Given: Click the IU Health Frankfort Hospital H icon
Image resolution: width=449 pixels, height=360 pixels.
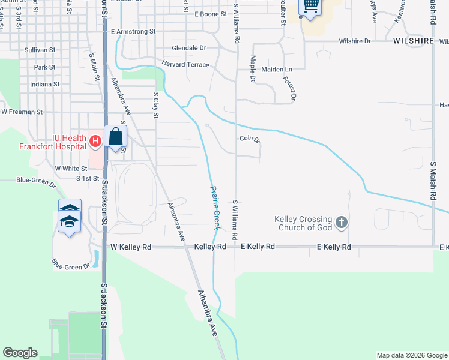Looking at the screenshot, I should click(95, 142).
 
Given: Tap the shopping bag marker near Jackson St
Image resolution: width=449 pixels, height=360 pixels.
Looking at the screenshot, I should click(116, 136).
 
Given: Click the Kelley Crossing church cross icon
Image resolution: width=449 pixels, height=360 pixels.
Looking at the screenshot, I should click(341, 223).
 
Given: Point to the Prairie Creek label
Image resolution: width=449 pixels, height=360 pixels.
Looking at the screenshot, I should click(215, 207).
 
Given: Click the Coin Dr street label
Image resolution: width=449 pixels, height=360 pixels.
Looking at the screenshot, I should click(250, 139).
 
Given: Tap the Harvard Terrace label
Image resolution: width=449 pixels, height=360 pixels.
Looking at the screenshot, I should click(185, 64).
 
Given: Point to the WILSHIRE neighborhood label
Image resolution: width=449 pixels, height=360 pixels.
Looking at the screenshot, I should click(413, 41).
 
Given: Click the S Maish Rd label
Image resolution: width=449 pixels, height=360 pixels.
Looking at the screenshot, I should click(433, 180).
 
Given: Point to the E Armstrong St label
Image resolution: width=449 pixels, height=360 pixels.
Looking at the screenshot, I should click(133, 31).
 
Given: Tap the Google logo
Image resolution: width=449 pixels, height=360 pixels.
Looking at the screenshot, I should click(20, 353).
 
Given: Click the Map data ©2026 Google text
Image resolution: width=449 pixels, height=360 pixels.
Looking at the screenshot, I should click(411, 355).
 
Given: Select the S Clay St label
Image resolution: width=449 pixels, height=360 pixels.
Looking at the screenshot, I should click(155, 103).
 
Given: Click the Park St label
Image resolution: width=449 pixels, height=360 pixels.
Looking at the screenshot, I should click(44, 68).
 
